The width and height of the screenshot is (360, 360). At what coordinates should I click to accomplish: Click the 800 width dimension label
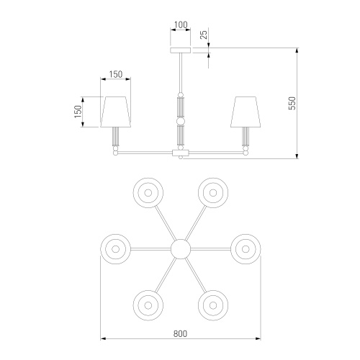pyautogui.click(x=180, y=333)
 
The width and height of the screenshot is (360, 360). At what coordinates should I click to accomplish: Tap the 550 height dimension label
pyautogui.click(x=292, y=103)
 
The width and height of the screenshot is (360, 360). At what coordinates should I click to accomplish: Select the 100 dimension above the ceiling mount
pyautogui.click(x=181, y=24)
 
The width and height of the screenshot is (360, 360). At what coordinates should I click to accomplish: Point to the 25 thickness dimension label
pyautogui.click(x=204, y=35)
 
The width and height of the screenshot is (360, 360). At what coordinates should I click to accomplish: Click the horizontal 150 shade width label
pyautogui.click(x=116, y=74)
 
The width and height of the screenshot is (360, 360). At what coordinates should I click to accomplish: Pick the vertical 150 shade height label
pyautogui.click(x=78, y=112)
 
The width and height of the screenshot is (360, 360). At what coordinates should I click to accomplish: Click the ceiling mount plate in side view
pyautogui.click(x=181, y=50)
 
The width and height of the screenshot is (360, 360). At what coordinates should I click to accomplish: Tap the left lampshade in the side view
pyautogui.click(x=116, y=112)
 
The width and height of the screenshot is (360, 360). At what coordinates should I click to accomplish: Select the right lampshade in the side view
pyautogui.click(x=246, y=112)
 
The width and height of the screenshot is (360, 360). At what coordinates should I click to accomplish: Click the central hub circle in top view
pyautogui.click(x=181, y=249)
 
